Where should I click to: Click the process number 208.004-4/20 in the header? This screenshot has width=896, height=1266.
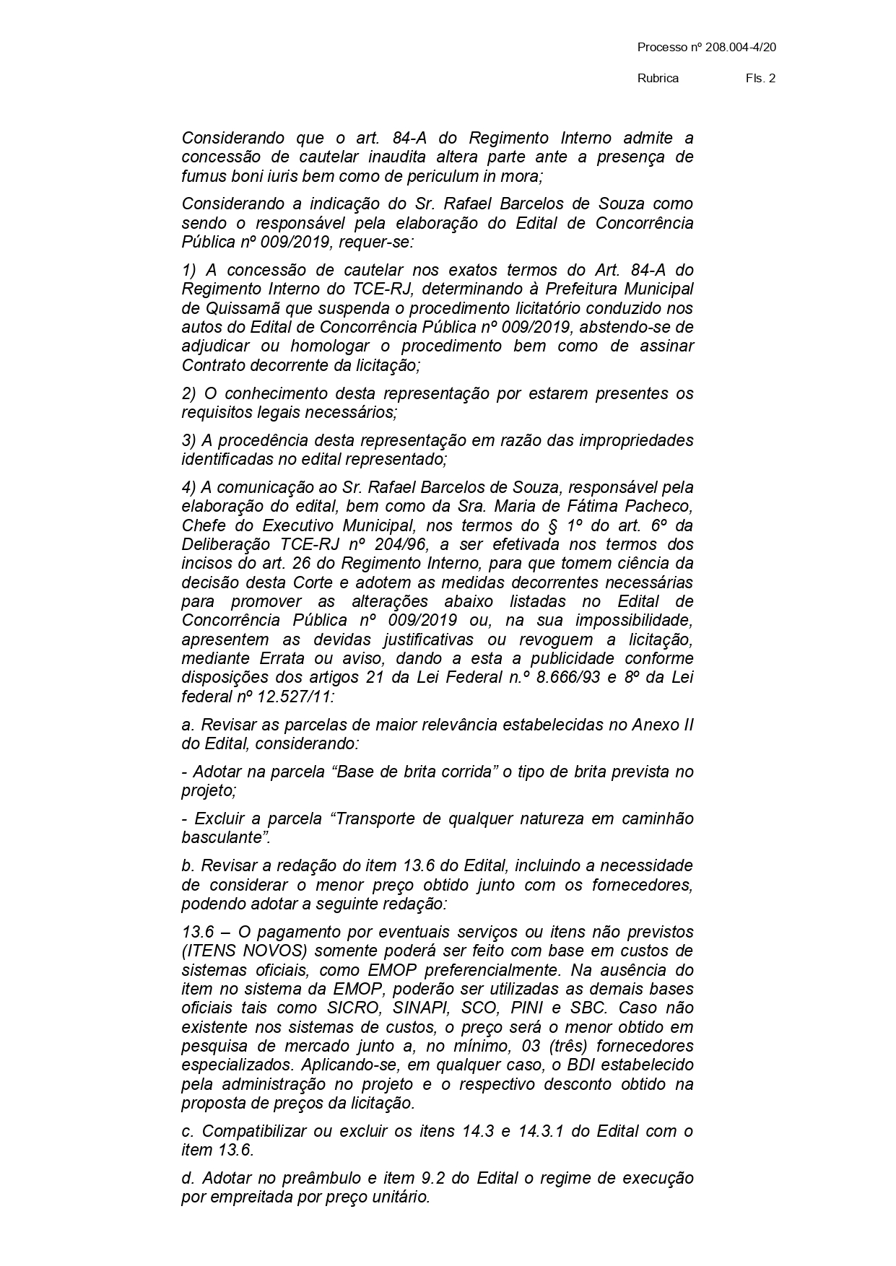tap(736, 48)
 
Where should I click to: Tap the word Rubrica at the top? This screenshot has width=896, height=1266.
tap(658, 79)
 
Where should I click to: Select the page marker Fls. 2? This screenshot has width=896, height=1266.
tap(760, 79)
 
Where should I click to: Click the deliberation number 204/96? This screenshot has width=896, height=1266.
tap(393, 543)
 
